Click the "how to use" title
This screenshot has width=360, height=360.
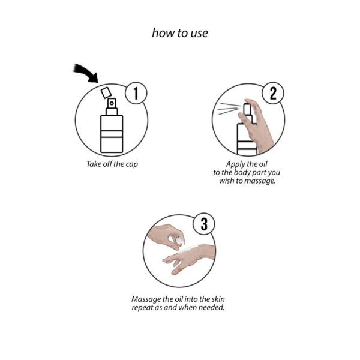180,33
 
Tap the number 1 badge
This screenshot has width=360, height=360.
136,93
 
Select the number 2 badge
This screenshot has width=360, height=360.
273,93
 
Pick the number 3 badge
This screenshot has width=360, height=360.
204,224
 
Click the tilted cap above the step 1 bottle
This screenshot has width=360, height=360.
106,93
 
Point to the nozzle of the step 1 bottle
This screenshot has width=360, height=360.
112,103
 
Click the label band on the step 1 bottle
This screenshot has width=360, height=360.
112,134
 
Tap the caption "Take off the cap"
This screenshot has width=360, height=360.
112,164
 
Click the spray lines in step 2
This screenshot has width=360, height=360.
229,109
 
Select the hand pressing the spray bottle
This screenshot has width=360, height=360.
257,125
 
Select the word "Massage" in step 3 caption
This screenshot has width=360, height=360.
146,299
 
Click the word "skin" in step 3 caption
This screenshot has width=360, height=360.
218,299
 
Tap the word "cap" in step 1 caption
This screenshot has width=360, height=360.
132,164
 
